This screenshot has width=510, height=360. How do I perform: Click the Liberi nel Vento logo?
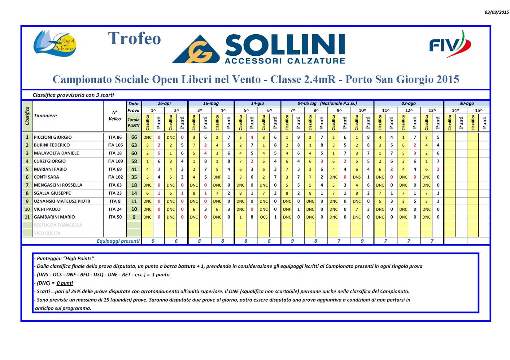55,43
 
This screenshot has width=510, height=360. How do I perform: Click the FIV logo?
450,45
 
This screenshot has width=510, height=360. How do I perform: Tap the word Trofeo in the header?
134,39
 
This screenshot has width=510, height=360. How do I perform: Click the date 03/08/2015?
496,12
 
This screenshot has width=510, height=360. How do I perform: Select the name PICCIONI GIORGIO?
53,137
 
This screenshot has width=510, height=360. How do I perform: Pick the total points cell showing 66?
134,137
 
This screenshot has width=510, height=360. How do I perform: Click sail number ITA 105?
115,145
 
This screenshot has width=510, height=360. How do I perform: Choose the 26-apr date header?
165,103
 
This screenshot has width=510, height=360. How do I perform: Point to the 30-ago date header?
467,103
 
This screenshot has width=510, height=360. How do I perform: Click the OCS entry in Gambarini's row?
264,217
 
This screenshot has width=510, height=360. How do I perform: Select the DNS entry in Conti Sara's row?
357,177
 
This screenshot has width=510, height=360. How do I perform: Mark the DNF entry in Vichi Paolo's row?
287,209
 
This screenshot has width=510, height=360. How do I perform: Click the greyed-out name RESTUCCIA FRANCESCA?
58,225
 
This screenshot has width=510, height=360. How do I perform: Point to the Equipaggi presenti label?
118,241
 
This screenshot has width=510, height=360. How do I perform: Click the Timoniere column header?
46,116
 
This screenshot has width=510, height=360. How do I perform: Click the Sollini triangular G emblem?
197,50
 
